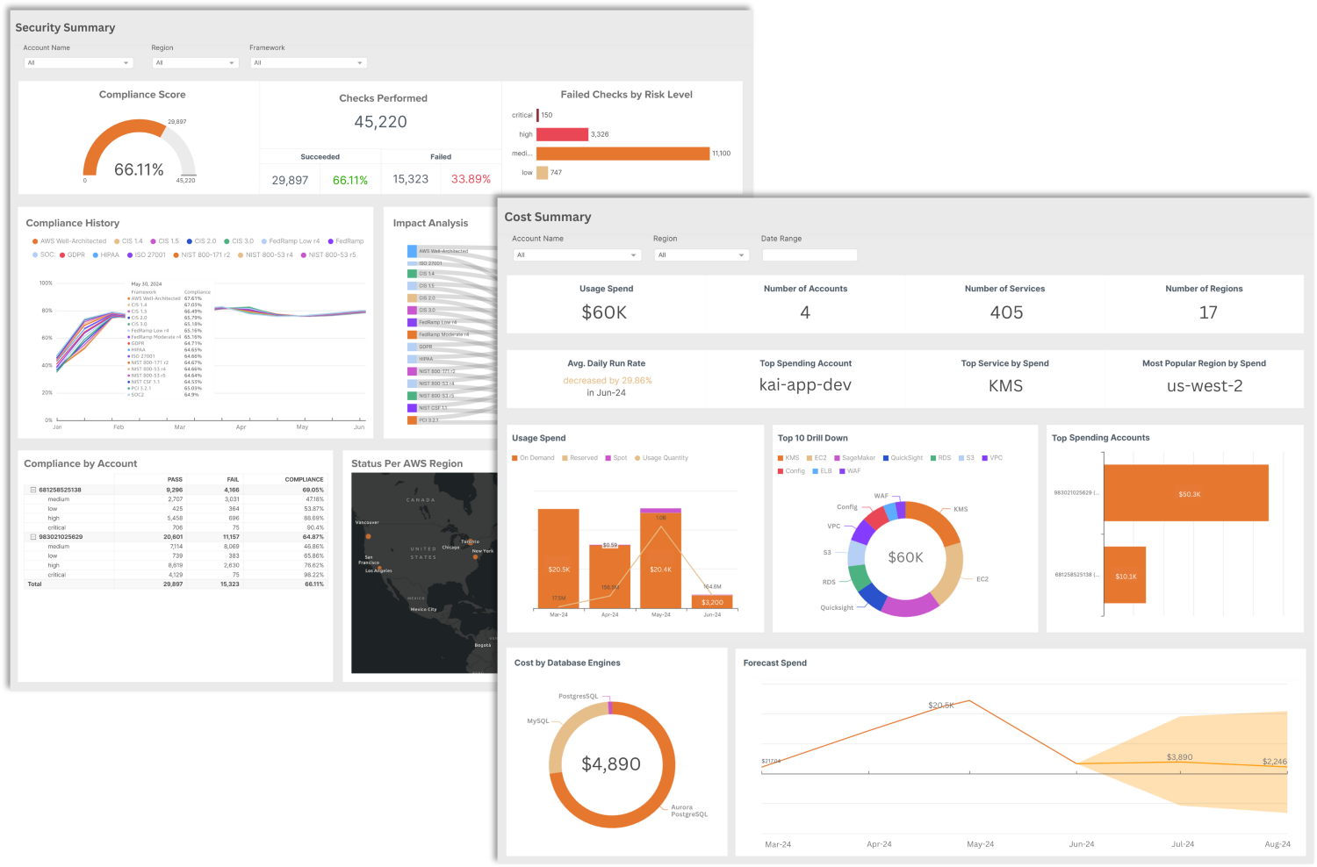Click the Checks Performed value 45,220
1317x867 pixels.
pyautogui.click(x=380, y=122)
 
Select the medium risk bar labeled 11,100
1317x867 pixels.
pyautogui.click(x=623, y=154)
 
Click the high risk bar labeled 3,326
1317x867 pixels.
pyautogui.click(x=562, y=134)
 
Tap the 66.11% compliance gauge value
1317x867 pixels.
pyautogui.click(x=139, y=169)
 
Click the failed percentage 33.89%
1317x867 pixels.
pyautogui.click(x=471, y=179)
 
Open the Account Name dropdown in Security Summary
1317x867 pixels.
pyautogui.click(x=78, y=63)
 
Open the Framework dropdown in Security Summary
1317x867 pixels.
pyautogui.click(x=308, y=63)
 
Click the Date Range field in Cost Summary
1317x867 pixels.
pyautogui.click(x=810, y=255)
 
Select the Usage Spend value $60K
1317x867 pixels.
pyautogui.click(x=604, y=312)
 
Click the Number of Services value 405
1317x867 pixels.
pyautogui.click(x=1006, y=312)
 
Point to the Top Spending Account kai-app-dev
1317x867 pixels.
pyautogui.click(x=805, y=385)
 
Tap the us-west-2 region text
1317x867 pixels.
pyautogui.click(x=1205, y=386)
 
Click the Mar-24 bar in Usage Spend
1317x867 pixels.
pyautogui.click(x=558, y=558)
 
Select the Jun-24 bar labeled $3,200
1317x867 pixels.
pyautogui.click(x=712, y=602)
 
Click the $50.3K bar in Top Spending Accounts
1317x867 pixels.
pyautogui.click(x=1186, y=493)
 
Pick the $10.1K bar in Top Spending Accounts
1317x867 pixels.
pyautogui.click(x=1125, y=575)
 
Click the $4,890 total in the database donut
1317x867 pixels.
pyautogui.click(x=611, y=764)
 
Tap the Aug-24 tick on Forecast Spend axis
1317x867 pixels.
pyautogui.click(x=1277, y=844)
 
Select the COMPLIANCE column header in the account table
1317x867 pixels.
pyautogui.click(x=304, y=480)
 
